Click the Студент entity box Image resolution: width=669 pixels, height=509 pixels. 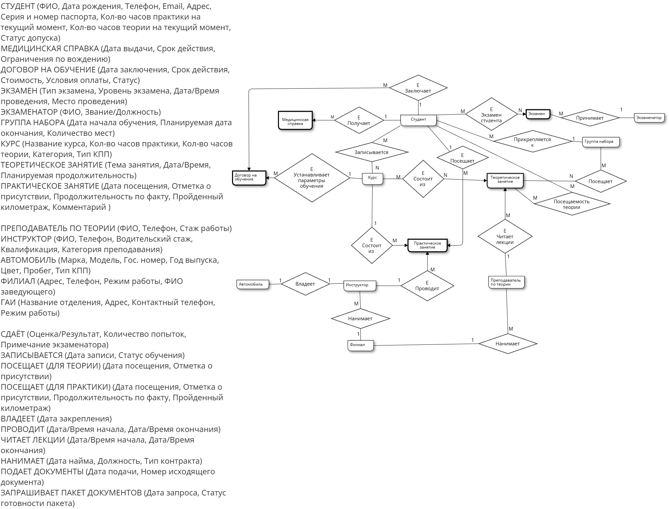pyautogui.click(x=418, y=120)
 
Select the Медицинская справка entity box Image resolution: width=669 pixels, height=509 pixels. pyautogui.click(x=295, y=121)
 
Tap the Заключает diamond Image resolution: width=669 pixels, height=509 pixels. pyautogui.click(x=418, y=88)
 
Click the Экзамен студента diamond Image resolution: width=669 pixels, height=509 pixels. pyautogui.click(x=491, y=115)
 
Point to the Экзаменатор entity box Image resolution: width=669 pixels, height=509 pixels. pyautogui.click(x=649, y=118)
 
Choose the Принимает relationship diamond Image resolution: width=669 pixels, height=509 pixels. pyautogui.click(x=590, y=118)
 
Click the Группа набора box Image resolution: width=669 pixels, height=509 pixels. pyautogui.click(x=600, y=142)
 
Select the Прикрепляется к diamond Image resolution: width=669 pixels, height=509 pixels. pyautogui.click(x=532, y=142)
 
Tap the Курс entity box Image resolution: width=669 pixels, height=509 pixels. pyautogui.click(x=373, y=178)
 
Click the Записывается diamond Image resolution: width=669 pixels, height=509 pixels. pyautogui.click(x=372, y=152)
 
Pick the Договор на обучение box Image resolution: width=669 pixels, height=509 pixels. pyautogui.click(x=249, y=178)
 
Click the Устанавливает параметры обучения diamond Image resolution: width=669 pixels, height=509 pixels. pyautogui.click(x=312, y=178)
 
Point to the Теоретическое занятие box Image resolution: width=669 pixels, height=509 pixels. pyautogui.click(x=505, y=180)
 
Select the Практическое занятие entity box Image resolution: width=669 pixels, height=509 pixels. pyautogui.click(x=427, y=246)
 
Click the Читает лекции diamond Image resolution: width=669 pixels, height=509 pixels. pyautogui.click(x=505, y=237)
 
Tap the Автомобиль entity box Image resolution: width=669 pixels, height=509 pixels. pyautogui.click(x=253, y=284)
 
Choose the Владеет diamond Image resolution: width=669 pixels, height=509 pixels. pyautogui.click(x=305, y=284)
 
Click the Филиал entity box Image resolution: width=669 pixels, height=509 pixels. pyautogui.click(x=360, y=345)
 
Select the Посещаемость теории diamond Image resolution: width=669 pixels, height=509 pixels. pyautogui.click(x=571, y=204)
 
